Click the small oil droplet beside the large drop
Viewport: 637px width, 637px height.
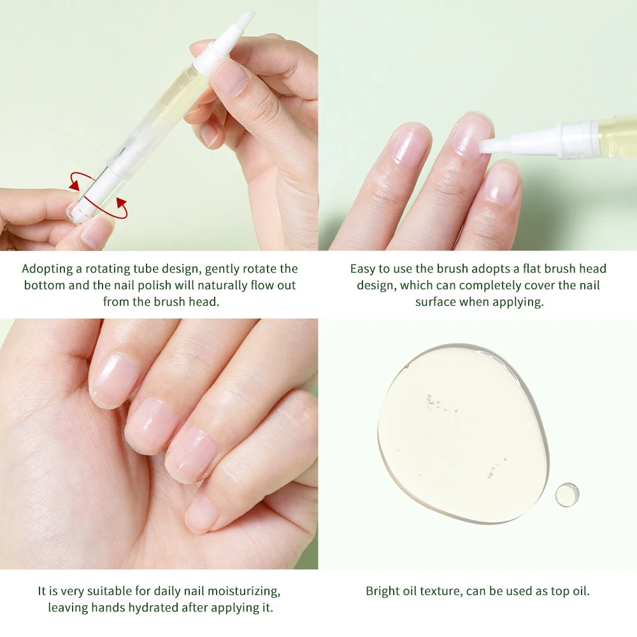(566, 495)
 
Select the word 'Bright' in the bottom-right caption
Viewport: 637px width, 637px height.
(383, 591)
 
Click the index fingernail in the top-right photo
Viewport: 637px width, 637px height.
(408, 148)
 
